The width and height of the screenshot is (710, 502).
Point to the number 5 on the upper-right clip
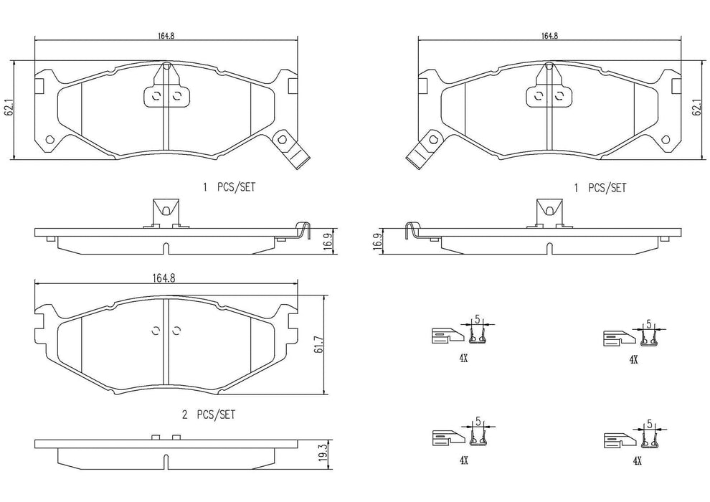648,324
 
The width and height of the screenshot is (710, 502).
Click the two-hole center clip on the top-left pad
166,95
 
